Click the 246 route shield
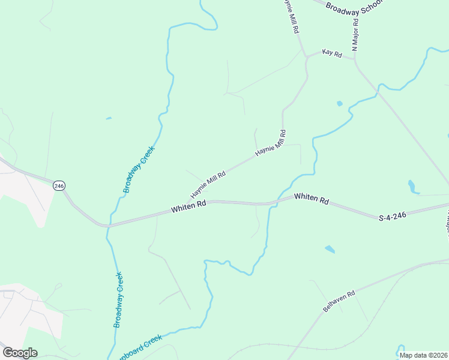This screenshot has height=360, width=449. pos(59,186)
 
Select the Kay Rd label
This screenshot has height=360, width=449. pos(331,54)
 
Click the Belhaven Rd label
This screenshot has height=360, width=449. pos(339,301)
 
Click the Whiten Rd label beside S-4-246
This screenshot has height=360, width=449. pos(312,198)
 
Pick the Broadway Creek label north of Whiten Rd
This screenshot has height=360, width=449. pos(139,169)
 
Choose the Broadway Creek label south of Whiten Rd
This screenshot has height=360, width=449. pos(119,299)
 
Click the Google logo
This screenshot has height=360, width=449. pos(20,353)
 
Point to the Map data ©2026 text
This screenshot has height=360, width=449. pos(423,355)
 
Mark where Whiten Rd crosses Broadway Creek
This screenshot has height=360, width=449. pos(108,226)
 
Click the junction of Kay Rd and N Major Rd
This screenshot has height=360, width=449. pos(355,59)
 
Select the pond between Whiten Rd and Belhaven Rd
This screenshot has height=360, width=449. pos(330,249)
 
